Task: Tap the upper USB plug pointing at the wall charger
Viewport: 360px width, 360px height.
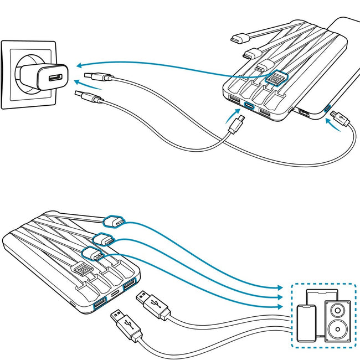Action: coord(92,76)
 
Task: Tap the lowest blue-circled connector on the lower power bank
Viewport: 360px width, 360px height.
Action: coord(92,255)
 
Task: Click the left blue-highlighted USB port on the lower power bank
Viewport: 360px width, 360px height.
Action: coord(100,304)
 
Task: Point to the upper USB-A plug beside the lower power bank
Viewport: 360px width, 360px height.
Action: coord(152,304)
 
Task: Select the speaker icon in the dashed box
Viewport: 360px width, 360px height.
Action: coord(337,320)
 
